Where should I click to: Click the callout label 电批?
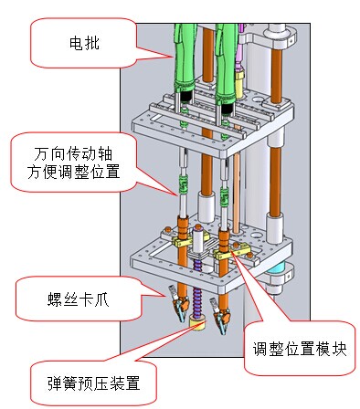(x=84, y=43)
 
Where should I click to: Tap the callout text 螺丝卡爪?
(x=78, y=299)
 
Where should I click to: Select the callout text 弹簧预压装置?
(x=94, y=383)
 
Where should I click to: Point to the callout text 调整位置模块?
(x=300, y=349)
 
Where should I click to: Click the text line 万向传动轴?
(x=73, y=154)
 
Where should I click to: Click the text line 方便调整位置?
(x=73, y=172)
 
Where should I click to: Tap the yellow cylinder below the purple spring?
(x=197, y=322)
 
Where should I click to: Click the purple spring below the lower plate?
(x=198, y=301)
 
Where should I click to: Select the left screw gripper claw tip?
(x=182, y=320)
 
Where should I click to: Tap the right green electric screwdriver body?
(x=226, y=61)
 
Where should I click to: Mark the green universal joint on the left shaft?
(x=182, y=184)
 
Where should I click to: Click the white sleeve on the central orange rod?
(x=206, y=206)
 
